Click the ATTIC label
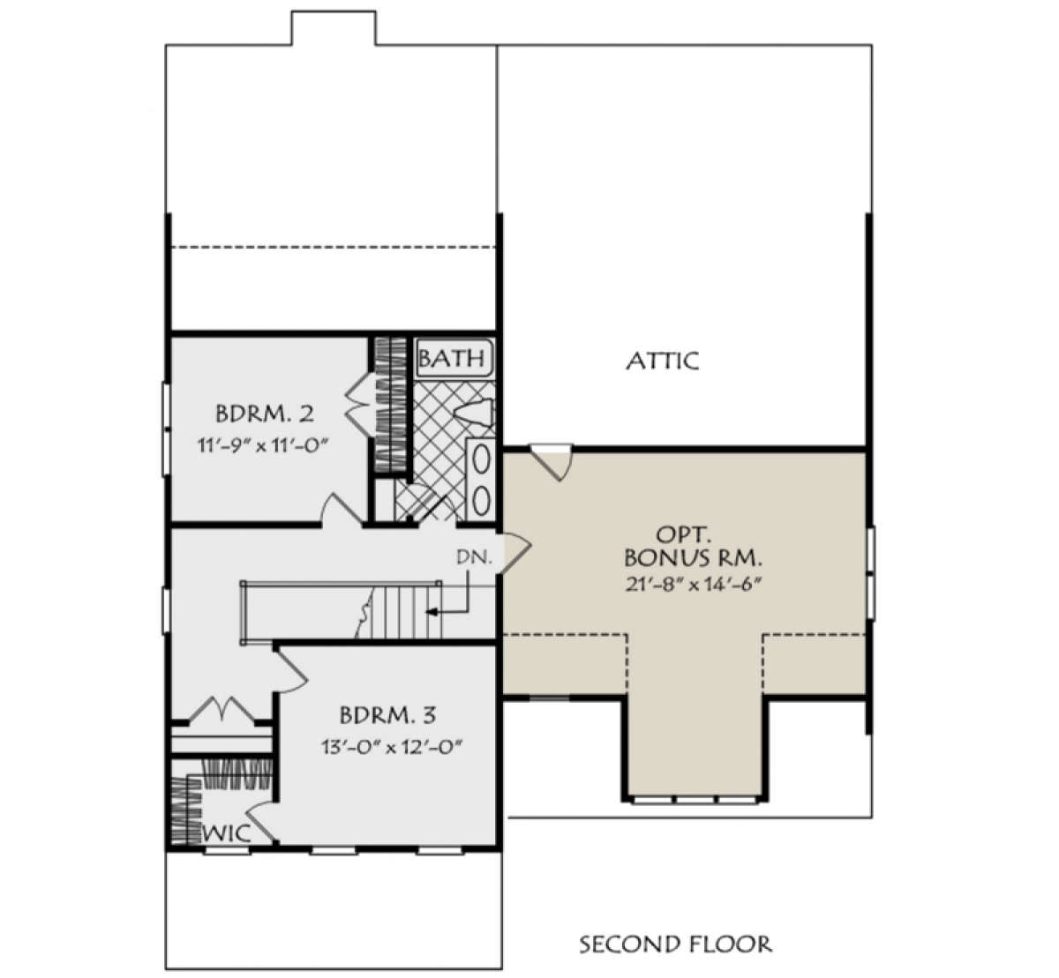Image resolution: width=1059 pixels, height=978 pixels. tap(662, 361)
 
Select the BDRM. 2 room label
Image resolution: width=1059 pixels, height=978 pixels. tap(265, 414)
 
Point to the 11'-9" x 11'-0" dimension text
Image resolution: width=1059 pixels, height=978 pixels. tap(262, 445)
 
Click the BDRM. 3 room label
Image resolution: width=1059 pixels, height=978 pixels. tap(387, 715)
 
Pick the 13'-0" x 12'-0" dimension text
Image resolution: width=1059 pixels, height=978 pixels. tap(390, 747)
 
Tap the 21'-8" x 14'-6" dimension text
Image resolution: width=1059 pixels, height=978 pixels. tap(692, 585)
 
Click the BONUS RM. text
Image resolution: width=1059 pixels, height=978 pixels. tap(693, 558)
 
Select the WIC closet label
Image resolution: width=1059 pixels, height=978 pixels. tap(227, 833)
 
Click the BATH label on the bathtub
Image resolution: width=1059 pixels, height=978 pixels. tap(451, 358)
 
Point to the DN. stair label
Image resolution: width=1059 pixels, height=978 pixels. tap(474, 557)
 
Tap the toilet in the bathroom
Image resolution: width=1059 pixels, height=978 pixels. tap(475, 413)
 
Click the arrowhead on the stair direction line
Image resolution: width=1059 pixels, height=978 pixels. tap(432, 612)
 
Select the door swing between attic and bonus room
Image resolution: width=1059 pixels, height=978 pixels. tap(553, 463)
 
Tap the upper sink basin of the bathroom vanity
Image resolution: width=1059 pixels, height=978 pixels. tap(482, 461)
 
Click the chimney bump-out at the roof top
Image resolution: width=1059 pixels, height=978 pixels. tap(334, 27)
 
